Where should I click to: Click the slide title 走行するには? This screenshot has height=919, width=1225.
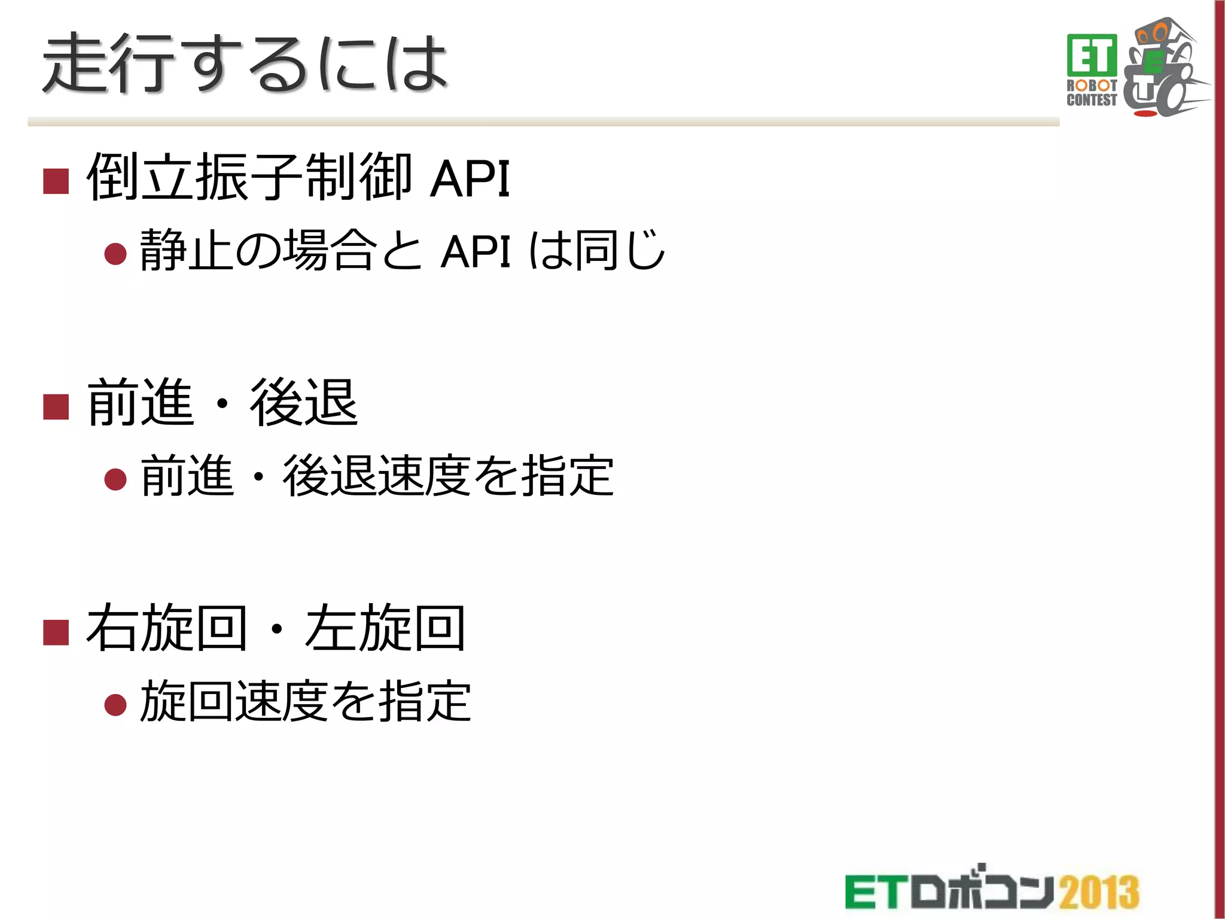[x=245, y=63]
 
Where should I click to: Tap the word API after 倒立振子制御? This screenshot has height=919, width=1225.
[x=470, y=178]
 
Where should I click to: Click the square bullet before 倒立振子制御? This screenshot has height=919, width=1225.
[x=56, y=181]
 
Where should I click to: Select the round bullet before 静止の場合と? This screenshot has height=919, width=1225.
[x=115, y=254]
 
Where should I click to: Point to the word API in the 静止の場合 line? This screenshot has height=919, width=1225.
[x=476, y=252]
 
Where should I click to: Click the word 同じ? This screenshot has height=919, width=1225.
[x=619, y=250]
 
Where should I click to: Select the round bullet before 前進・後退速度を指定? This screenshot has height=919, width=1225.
[x=115, y=479]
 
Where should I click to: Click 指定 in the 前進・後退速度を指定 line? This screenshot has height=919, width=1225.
[x=567, y=476]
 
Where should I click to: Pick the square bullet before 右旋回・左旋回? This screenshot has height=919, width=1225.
[x=56, y=632]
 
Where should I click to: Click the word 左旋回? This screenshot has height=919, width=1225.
[x=385, y=628]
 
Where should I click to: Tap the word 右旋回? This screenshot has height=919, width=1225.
[x=166, y=628]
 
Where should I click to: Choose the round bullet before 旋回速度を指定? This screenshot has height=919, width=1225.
[x=115, y=704]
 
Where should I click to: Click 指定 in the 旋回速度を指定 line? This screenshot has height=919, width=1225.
[x=425, y=701]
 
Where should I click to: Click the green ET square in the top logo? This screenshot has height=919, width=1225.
[x=1092, y=55]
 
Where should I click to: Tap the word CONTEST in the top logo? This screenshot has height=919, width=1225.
[x=1092, y=101]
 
